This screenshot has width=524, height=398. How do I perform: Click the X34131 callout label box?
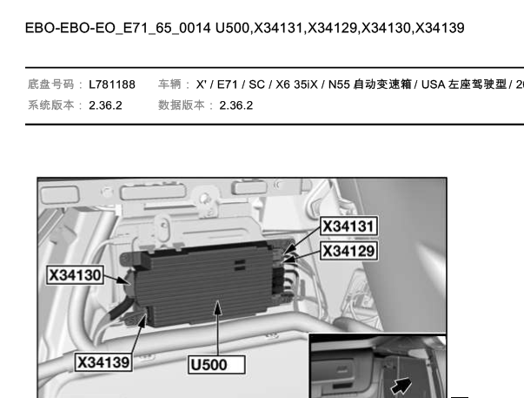tap(348, 226)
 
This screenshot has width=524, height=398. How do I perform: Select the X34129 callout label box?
tap(348, 251)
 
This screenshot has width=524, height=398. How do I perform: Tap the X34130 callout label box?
tap(75, 275)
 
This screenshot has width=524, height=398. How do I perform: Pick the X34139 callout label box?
tap(103, 361)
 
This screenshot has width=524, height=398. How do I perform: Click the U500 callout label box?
tap(216, 365)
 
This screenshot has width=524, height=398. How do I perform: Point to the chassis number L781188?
tap(112, 84)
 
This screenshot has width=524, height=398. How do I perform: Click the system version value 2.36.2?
tap(105, 105)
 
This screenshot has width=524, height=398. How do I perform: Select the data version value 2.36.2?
tap(236, 105)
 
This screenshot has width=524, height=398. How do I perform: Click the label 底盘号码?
tap(50, 84)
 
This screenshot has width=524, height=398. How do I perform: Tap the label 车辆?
tap(169, 84)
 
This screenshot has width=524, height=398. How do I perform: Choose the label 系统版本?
tap(50, 105)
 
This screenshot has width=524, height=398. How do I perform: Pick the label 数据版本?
tap(181, 105)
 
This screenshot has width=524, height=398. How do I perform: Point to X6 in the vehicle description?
tap(282, 84)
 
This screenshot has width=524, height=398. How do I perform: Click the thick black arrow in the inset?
tap(401, 386)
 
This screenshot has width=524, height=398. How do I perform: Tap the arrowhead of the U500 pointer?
tap(217, 307)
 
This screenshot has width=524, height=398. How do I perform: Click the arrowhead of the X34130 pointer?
tap(124, 280)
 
